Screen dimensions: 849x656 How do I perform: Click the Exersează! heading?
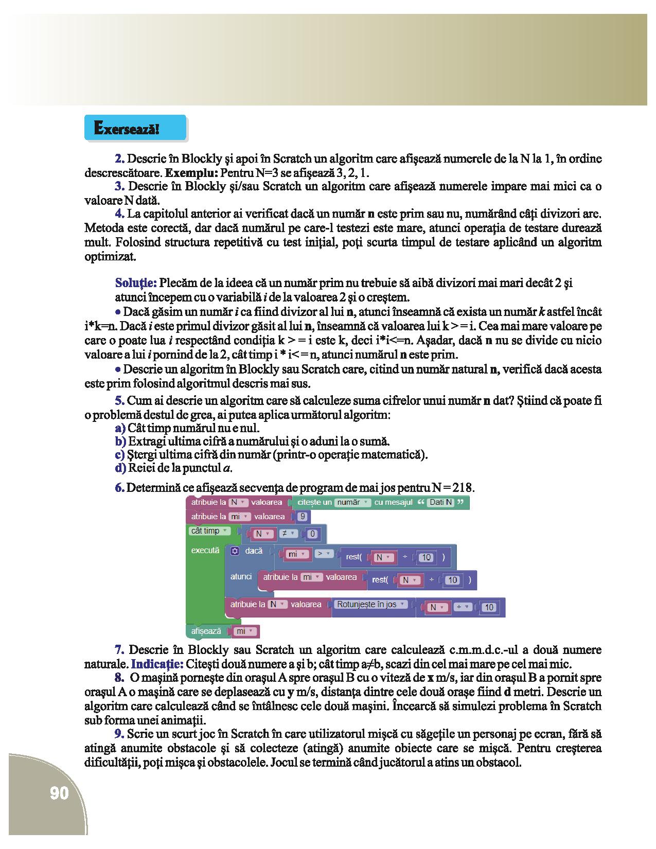tap(127, 129)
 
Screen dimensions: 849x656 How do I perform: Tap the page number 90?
tap(60, 793)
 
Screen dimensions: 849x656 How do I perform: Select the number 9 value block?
tap(302, 517)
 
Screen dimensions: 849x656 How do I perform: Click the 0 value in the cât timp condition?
tap(312, 534)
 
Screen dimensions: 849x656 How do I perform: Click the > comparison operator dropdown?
tap(325, 554)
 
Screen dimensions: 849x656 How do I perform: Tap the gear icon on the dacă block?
tap(235, 551)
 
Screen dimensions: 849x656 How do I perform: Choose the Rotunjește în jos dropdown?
tap(370, 605)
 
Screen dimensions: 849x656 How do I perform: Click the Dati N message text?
tap(441, 502)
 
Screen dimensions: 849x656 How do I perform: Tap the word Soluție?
tap(136, 283)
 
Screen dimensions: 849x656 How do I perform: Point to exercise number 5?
tap(119, 400)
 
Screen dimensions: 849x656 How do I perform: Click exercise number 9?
tap(119, 734)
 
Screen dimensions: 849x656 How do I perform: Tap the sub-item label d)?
tap(120, 468)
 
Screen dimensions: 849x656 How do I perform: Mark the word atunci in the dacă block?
tap(241, 577)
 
